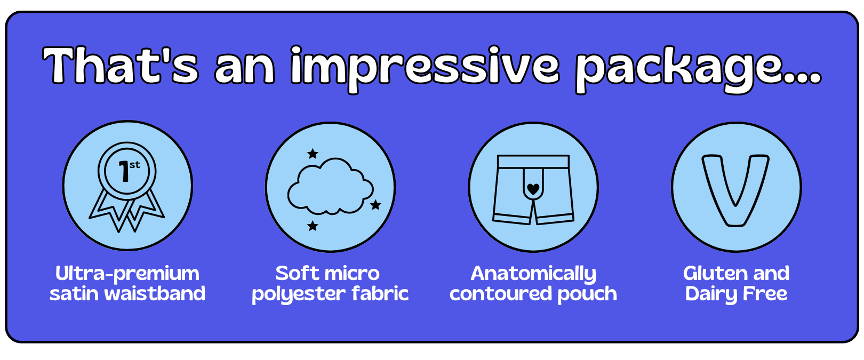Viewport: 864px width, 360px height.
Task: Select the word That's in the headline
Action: pyautogui.click(x=121, y=65)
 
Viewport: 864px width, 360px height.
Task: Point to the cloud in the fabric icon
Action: pyautogui.click(x=331, y=186)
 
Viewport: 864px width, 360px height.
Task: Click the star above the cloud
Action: pyautogui.click(x=313, y=154)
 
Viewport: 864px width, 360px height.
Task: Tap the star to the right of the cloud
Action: pyautogui.click(x=375, y=205)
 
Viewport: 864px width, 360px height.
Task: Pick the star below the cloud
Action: pyautogui.click(x=313, y=226)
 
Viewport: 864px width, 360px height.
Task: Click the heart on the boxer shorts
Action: pyautogui.click(x=533, y=189)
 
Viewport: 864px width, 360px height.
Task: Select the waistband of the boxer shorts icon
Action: pyautogui.click(x=533, y=162)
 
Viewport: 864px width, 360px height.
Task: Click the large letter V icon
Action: pyautogui.click(x=735, y=190)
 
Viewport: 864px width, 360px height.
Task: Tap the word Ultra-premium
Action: pyautogui.click(x=127, y=274)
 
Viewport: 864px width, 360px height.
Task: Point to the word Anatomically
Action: pyautogui.click(x=533, y=274)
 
